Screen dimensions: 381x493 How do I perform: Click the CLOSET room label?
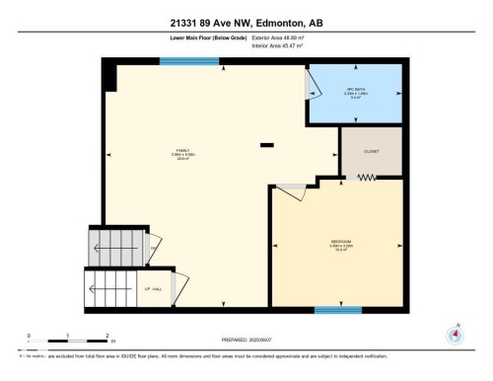[x=372, y=152]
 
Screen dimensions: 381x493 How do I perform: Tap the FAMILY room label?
[x=181, y=150]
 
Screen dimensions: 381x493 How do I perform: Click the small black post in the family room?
[x=266, y=145]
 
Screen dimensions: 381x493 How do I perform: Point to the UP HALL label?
[x=154, y=288]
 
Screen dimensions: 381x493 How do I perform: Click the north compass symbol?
[x=456, y=334]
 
